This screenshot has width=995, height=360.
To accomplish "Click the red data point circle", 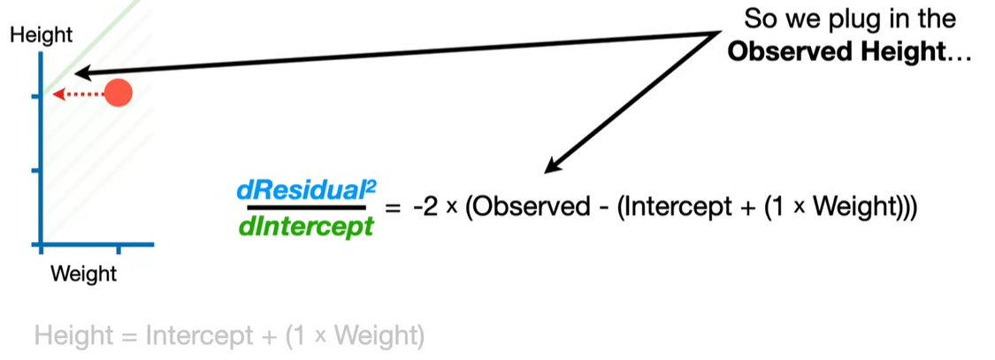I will tap(118, 93).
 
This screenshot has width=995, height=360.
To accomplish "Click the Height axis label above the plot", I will tap(41, 36).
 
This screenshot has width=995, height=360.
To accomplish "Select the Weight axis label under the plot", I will tap(83, 274).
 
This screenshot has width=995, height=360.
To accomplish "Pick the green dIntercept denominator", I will tap(306, 226).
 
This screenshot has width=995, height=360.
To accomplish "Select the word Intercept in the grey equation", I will tap(195, 336).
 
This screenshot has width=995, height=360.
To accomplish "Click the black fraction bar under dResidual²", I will tap(306, 208).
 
